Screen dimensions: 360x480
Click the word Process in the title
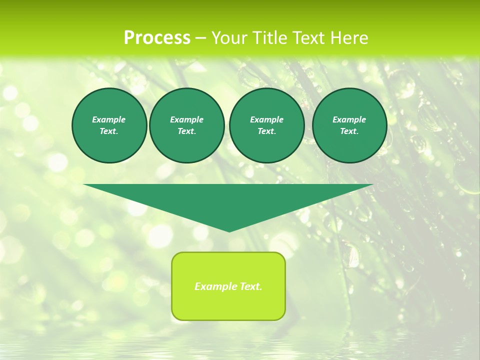[x=157, y=38]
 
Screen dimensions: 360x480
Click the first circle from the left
[x=109, y=125]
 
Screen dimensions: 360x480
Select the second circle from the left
[x=186, y=125]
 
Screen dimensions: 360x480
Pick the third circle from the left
[x=266, y=125]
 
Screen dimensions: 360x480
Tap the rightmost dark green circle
[x=349, y=125]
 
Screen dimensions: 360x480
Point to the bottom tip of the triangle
[x=229, y=231]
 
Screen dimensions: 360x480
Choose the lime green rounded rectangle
[x=228, y=286]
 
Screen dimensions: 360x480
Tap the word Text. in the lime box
[x=250, y=286]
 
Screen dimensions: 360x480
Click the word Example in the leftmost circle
[x=109, y=119]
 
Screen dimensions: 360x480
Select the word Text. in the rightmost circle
[x=349, y=131]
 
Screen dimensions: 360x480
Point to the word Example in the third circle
[x=266, y=119]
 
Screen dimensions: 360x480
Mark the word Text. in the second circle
[x=186, y=131]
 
